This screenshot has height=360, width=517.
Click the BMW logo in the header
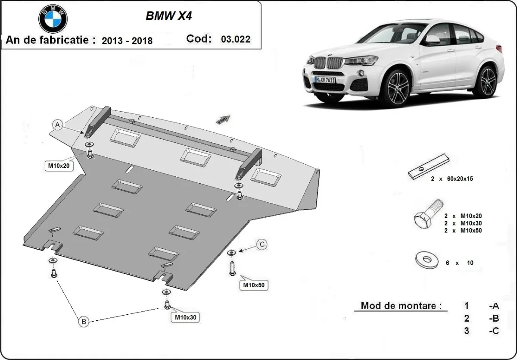[53, 19]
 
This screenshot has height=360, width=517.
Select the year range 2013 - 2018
[127, 41]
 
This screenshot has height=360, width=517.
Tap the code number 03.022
[235, 39]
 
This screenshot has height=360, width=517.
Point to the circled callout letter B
[84, 321]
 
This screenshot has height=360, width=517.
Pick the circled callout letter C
[262, 245]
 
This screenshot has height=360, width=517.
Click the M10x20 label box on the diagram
[59, 165]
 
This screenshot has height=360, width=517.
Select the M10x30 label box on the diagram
[186, 318]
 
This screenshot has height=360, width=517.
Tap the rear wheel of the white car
[487, 81]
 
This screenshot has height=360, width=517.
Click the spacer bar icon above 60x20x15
[429, 166]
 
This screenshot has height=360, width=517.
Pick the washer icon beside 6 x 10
[427, 260]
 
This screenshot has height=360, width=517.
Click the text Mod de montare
[401, 306]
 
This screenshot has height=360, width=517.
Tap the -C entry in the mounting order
[494, 331]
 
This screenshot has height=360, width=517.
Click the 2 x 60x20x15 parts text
[452, 178]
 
